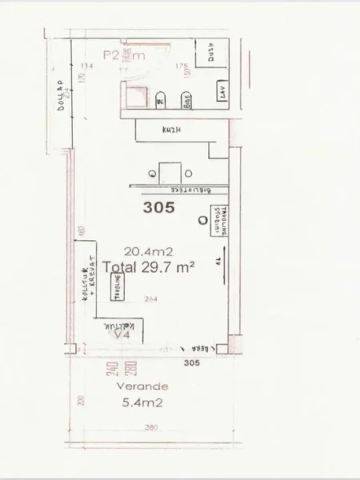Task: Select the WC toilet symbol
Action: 160,101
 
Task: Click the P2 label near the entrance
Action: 112,55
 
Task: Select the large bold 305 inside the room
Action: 158,206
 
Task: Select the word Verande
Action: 136,386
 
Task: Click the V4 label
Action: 122,335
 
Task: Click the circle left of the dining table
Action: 150,172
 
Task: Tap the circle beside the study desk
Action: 200,219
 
